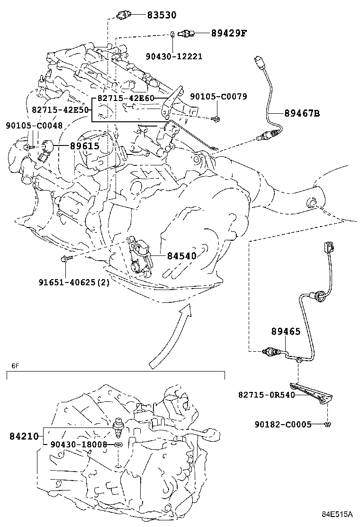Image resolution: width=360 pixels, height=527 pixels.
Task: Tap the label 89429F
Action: coord(230,33)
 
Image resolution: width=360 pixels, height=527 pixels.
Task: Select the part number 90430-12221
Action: coord(174,56)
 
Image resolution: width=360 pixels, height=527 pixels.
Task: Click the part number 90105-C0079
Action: coord(218,97)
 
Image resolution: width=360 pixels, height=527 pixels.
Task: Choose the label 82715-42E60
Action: coord(126,99)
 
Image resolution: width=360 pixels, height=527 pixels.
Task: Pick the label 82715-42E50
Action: coord(61,109)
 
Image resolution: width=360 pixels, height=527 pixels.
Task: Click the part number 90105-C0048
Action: coord(34,126)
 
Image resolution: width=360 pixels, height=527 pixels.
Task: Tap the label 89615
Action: coord(85,146)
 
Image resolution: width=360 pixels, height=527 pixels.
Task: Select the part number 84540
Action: coord(181,256)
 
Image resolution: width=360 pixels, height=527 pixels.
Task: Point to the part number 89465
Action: coord(286,331)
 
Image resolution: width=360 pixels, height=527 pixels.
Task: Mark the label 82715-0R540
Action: coord(267,394)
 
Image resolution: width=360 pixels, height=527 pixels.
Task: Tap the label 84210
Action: coord(23,435)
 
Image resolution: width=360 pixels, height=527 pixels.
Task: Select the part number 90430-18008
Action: coord(79,445)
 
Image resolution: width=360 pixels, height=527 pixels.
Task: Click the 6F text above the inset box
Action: coord(15,366)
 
